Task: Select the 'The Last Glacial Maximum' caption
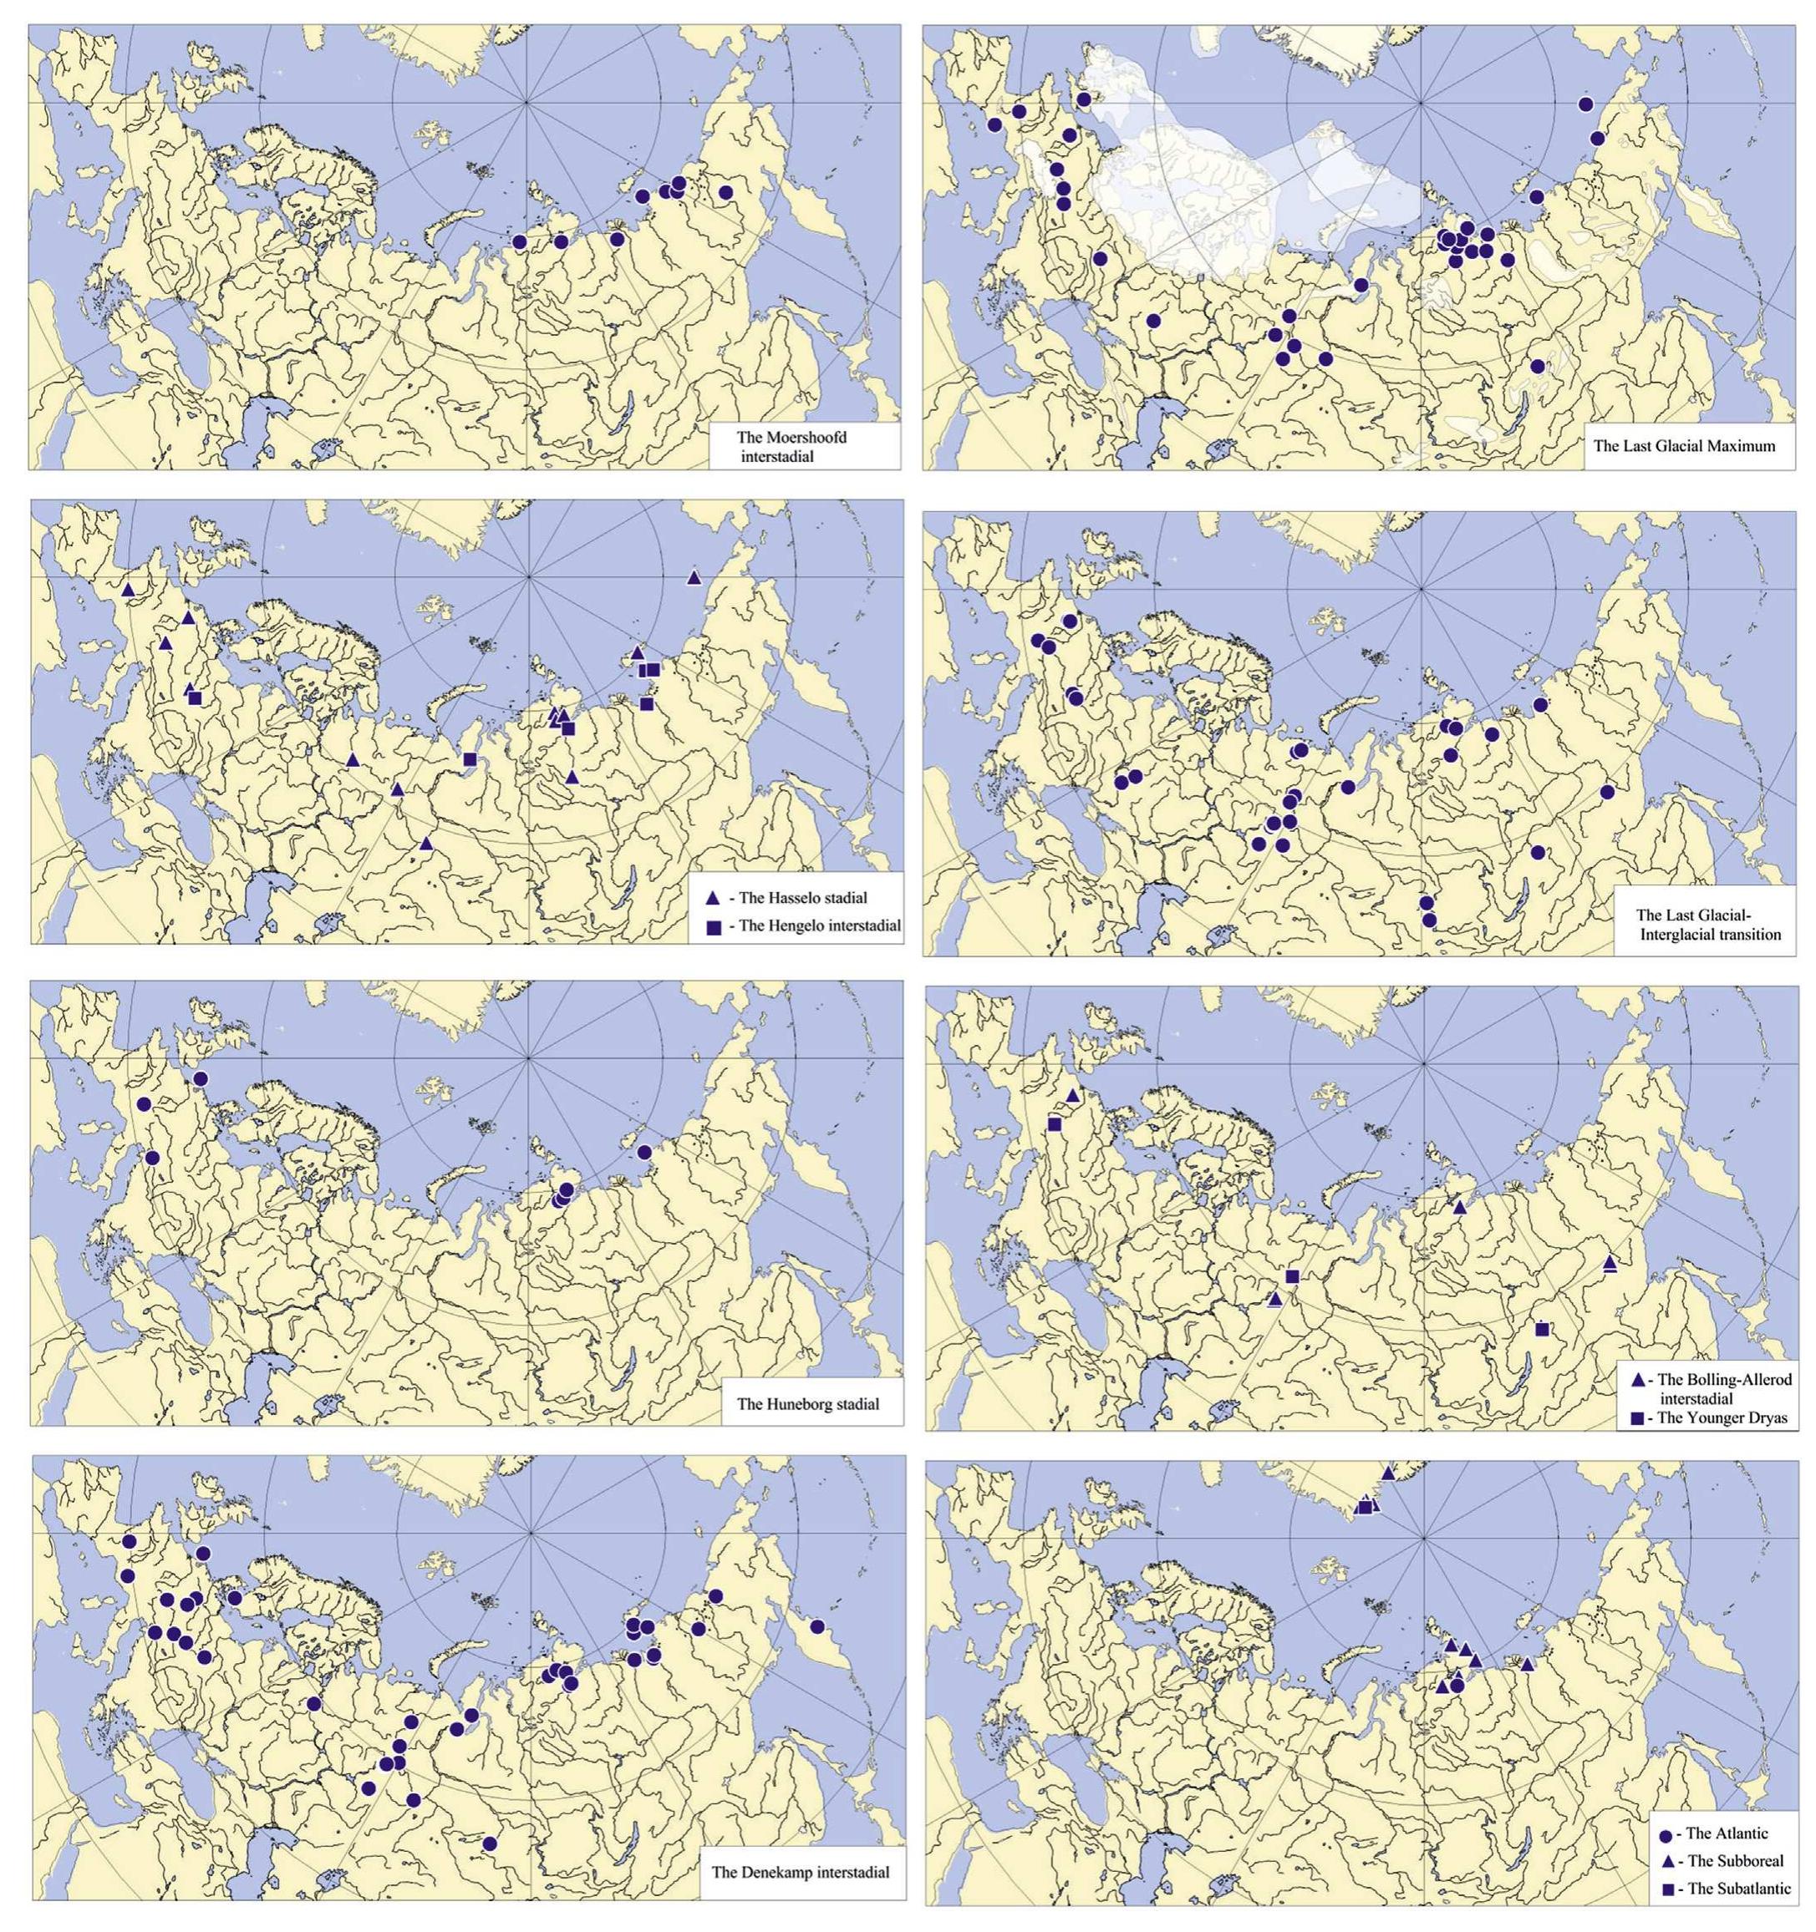point(1684,446)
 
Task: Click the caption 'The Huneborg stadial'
point(807,1403)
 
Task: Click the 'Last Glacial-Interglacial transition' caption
point(1709,924)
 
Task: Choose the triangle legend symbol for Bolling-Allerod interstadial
point(1636,1380)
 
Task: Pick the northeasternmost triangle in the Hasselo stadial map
point(693,578)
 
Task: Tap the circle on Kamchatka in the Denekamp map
point(816,1627)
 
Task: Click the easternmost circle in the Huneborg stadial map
point(643,1152)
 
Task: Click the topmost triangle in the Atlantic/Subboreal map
point(1387,1473)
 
